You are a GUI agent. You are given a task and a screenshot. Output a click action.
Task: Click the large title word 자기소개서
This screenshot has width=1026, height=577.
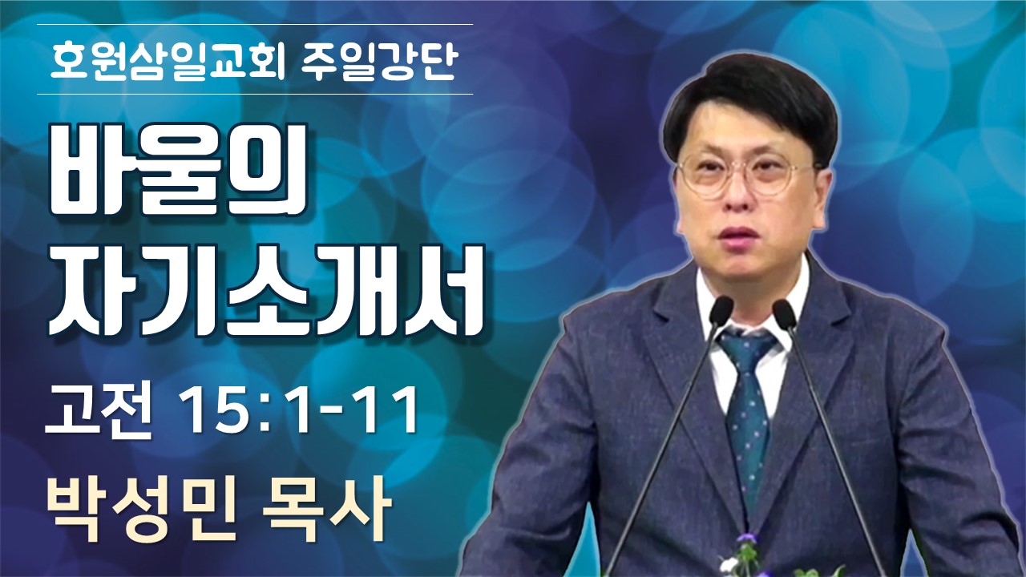click(265, 290)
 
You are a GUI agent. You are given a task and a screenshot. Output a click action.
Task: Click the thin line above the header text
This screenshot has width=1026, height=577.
click(255, 24)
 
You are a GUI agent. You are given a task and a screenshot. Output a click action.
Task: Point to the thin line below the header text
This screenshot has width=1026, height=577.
click(255, 95)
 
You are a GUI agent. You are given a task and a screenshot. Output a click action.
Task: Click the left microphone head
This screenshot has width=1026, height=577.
click(721, 310)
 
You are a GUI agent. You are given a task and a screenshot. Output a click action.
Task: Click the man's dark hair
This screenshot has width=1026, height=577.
click(751, 101)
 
